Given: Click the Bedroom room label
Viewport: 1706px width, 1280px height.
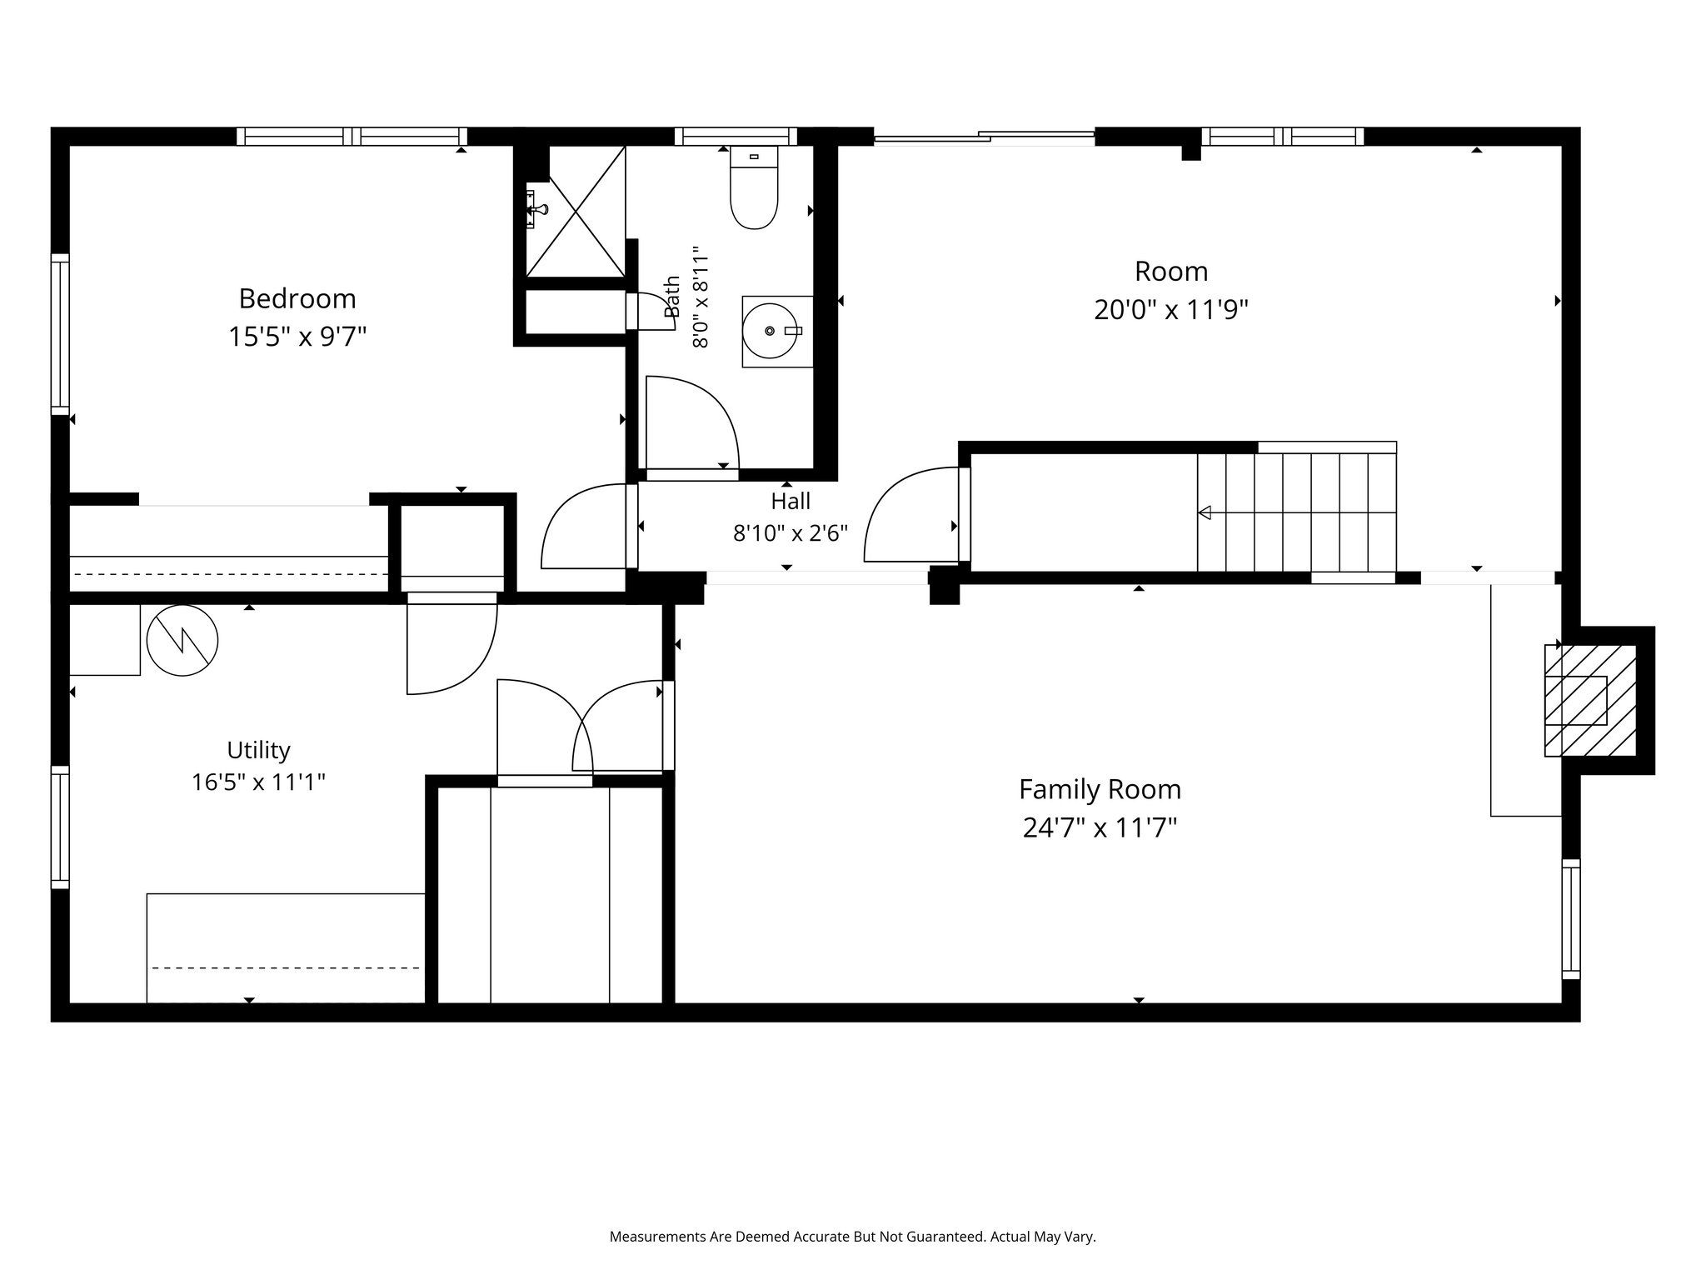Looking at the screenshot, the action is click(297, 298).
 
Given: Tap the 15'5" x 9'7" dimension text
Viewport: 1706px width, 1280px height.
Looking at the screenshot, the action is click(297, 337).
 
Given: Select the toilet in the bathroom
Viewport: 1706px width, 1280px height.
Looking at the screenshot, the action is click(754, 187).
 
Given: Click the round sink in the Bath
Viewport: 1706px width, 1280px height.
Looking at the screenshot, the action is click(770, 331).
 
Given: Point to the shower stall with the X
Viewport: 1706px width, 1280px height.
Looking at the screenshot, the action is click(576, 211).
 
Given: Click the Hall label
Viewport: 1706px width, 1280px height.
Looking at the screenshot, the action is click(791, 501).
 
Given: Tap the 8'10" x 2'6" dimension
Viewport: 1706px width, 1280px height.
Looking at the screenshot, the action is click(791, 533).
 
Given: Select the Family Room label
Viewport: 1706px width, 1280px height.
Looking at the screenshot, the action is click(1100, 789).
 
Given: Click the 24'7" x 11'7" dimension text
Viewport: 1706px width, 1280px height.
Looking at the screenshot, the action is click(1100, 828).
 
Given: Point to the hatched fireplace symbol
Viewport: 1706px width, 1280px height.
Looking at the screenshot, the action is click(1590, 701).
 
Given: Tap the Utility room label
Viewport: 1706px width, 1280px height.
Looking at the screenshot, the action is click(258, 750).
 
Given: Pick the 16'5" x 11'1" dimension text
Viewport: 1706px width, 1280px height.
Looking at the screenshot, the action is click(258, 782).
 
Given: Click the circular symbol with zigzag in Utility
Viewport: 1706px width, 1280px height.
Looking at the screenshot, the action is click(182, 640).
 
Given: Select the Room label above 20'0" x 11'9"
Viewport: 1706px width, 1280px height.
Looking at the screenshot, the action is click(1171, 271).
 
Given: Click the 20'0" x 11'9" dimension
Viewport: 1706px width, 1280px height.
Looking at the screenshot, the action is click(1171, 310).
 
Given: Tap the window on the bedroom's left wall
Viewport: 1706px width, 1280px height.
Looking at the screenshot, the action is click(60, 334).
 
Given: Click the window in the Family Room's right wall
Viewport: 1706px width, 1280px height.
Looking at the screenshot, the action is click(1571, 918).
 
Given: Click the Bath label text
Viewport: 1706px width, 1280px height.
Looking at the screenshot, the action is click(672, 297).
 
